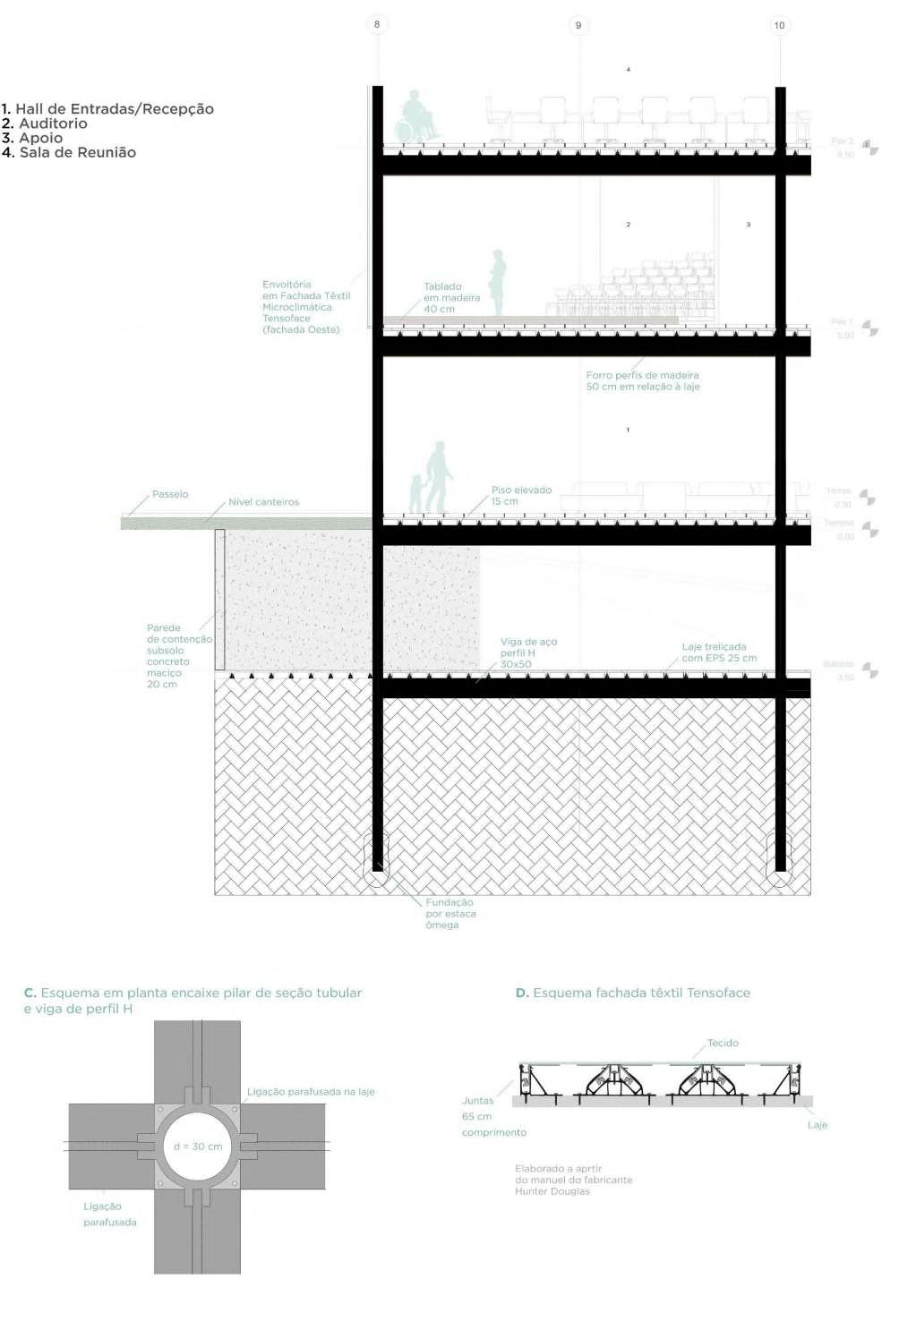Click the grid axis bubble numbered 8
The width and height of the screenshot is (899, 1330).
point(377,24)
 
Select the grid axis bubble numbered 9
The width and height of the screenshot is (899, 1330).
point(578,25)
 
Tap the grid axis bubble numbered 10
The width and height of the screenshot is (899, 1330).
point(779,25)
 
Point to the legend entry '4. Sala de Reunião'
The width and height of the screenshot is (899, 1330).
point(69,152)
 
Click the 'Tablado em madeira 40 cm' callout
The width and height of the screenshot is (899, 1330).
point(451,298)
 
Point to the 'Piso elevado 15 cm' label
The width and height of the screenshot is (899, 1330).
point(521,496)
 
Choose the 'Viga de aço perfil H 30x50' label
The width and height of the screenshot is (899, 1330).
point(528,653)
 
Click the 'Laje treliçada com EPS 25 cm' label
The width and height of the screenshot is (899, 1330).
point(718,652)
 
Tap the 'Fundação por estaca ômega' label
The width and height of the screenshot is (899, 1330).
point(450,914)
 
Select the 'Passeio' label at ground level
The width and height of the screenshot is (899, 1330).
point(170,494)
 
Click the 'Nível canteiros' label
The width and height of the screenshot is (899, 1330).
point(263,502)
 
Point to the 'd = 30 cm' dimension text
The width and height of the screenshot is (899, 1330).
point(198,1147)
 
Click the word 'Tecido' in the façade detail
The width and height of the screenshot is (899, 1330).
point(723,1043)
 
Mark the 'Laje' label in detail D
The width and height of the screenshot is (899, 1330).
point(817,1125)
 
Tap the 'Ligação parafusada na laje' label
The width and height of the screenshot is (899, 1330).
point(311,1092)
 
